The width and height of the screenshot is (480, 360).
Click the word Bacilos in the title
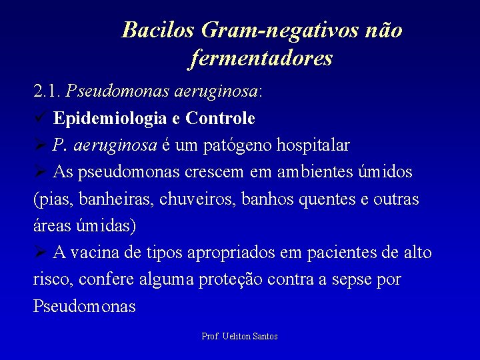(158, 31)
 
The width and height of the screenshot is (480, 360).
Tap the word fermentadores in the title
(260, 59)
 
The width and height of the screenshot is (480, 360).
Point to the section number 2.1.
(47, 91)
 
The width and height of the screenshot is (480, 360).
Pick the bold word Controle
(221, 119)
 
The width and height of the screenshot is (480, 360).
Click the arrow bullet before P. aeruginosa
(40, 145)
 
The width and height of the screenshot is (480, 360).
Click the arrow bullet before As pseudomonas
(40, 172)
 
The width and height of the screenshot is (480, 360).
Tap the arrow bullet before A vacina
(40, 253)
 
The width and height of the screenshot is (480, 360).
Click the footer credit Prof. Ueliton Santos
(239, 337)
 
